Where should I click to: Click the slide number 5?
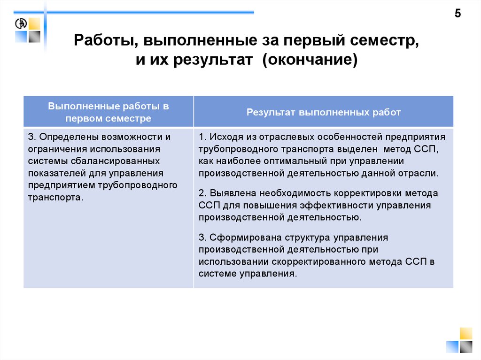tap(458, 14)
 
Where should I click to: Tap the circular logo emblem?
tap(21, 24)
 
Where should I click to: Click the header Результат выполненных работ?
tap(324, 112)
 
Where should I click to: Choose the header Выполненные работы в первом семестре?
tap(108, 112)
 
